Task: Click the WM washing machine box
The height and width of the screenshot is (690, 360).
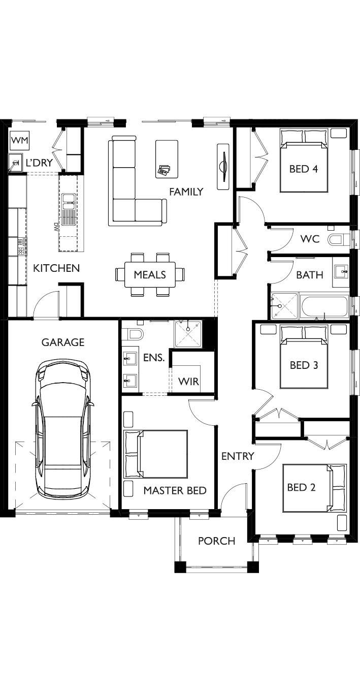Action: (20, 140)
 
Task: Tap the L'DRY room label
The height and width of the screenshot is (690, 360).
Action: (40, 163)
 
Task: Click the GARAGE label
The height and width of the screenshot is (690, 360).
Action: (63, 342)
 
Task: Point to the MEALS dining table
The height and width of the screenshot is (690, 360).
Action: (150, 274)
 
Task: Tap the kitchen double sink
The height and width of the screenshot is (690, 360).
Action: (67, 209)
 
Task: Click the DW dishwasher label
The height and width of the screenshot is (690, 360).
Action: (56, 227)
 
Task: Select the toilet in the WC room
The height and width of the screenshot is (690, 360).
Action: (339, 239)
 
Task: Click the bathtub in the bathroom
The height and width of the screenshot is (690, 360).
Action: (325, 306)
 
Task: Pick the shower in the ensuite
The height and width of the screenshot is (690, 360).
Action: (188, 334)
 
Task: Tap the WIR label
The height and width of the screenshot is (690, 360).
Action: (188, 382)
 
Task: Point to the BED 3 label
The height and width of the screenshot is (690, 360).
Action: (304, 365)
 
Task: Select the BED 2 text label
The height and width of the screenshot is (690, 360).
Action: (301, 487)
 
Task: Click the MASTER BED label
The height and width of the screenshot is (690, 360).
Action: (175, 490)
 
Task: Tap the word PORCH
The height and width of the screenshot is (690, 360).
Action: (216, 541)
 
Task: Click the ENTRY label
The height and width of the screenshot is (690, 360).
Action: (238, 456)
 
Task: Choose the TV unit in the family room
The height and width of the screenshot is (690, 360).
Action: (223, 167)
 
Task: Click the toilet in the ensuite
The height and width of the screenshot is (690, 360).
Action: (133, 334)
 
